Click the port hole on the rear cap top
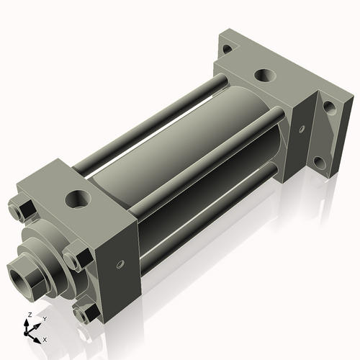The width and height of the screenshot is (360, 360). click(x=265, y=75)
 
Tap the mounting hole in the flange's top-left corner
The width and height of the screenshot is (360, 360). click(x=227, y=49)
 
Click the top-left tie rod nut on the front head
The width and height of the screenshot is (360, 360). click(x=22, y=210)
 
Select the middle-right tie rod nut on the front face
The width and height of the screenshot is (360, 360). click(x=77, y=257)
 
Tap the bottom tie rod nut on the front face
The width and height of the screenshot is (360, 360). click(x=86, y=313)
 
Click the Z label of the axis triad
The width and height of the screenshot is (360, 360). click(x=28, y=315)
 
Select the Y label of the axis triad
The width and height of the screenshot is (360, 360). click(x=44, y=318)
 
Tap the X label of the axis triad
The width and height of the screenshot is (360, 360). click(x=45, y=338)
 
